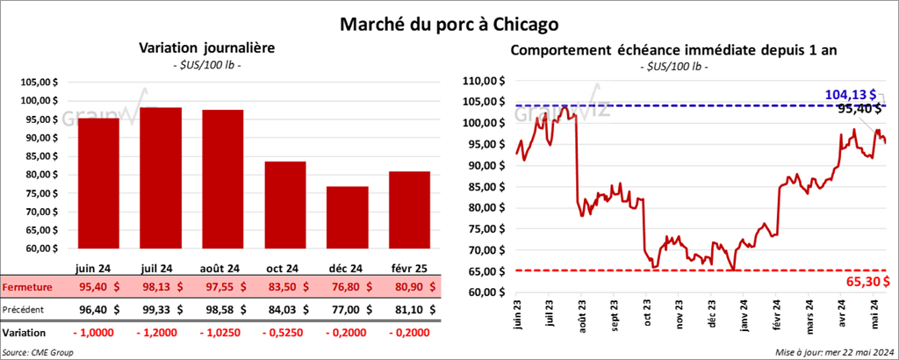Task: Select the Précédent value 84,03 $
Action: [x=285, y=309]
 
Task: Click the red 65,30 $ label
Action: [x=869, y=281]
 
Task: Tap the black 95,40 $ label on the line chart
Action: [x=859, y=110]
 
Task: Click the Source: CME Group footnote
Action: [x=38, y=351]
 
